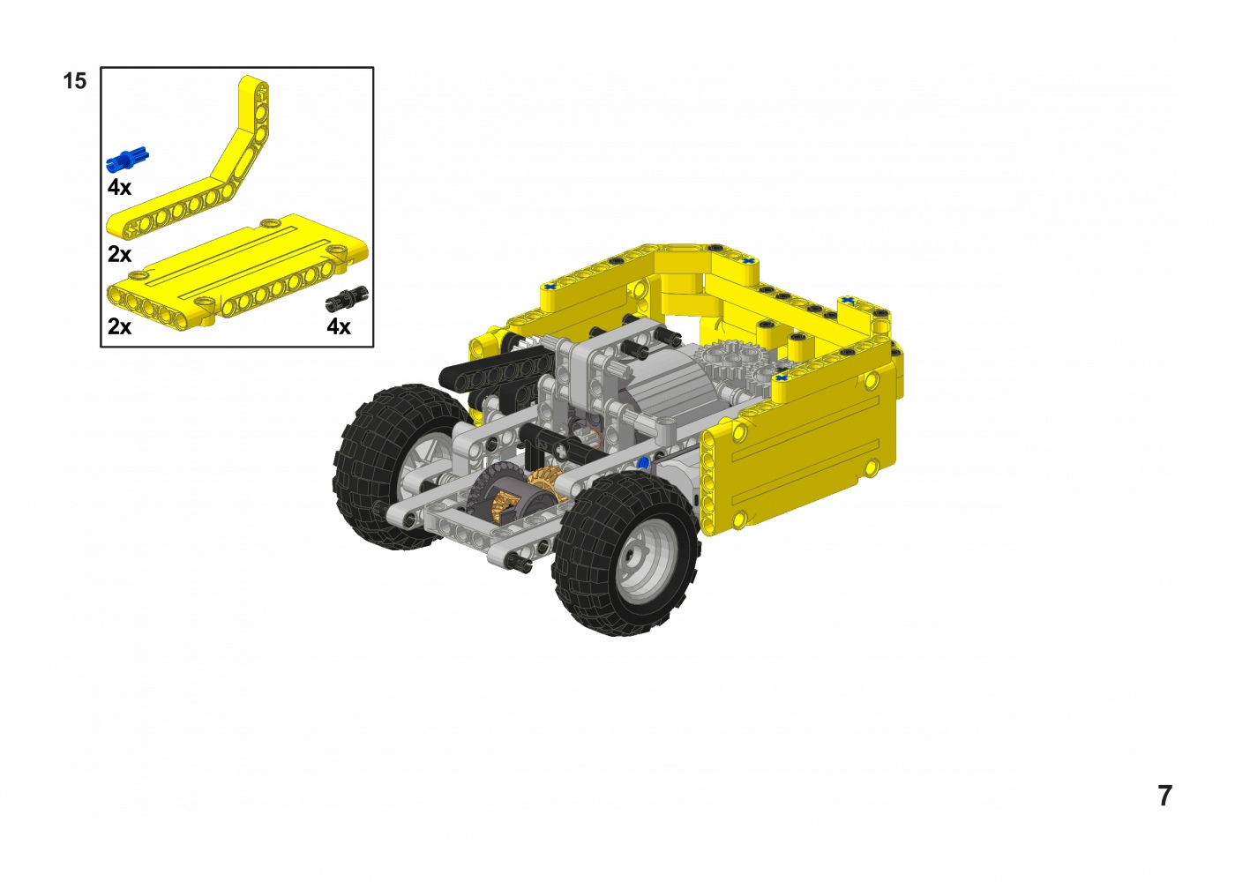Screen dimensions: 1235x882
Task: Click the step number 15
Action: [x=75, y=81]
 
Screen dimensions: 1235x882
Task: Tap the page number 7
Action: [x=1164, y=796]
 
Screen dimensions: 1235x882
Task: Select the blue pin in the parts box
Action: [x=127, y=159]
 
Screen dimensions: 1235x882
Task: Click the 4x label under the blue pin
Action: [x=120, y=187]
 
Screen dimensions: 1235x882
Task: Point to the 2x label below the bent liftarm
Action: [x=120, y=254]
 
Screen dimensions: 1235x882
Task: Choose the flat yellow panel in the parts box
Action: [x=237, y=270]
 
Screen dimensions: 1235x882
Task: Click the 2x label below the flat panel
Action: [x=120, y=327]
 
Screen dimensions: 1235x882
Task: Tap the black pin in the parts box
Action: [x=346, y=298]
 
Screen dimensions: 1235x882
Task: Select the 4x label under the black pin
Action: [x=339, y=327]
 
